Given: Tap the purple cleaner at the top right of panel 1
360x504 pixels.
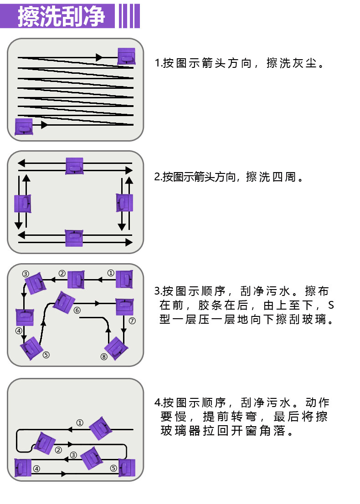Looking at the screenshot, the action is [x=126, y=56].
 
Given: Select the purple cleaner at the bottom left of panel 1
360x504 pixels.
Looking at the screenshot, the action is [x=24, y=127].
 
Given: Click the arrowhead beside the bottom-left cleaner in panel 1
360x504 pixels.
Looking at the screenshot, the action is [x=44, y=125].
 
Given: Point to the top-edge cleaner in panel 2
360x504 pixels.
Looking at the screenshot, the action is [x=74, y=166].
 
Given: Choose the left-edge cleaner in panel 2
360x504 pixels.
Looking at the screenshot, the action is [x=23, y=204].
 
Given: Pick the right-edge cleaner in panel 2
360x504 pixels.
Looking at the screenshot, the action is [x=124, y=203].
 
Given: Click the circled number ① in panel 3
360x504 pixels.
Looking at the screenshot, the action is [x=110, y=273].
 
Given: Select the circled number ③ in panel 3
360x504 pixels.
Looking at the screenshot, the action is [x=26, y=274].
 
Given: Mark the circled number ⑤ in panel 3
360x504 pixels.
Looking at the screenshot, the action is [x=46, y=355].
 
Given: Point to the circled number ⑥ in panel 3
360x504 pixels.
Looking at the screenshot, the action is [x=77, y=310].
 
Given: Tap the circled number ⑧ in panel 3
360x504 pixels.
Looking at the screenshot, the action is [x=104, y=356].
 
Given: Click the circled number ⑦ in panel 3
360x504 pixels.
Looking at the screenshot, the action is [x=132, y=321].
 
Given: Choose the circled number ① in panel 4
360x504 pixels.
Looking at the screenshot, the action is [x=80, y=423].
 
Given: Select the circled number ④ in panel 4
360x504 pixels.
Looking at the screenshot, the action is [x=36, y=468].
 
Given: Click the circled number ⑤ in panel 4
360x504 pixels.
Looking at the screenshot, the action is [x=113, y=468].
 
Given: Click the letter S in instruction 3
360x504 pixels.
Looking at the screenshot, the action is [x=331, y=305].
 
